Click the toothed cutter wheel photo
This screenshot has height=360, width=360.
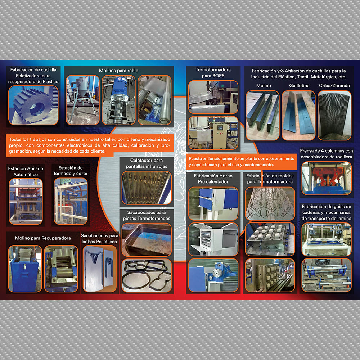click(33, 105)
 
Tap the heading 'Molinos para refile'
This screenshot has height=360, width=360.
click(118, 71)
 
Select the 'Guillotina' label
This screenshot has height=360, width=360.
click(299, 86)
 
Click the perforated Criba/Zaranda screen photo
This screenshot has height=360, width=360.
click(334, 115)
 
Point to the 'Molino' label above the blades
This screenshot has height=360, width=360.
click(264, 86)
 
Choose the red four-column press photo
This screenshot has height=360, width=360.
click(326, 178)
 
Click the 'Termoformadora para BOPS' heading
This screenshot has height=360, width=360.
click(213, 73)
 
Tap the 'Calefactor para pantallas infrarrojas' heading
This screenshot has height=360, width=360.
click(147, 163)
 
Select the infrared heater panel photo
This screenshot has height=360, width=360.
click(147, 188)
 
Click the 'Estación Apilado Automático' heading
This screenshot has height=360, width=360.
click(26, 171)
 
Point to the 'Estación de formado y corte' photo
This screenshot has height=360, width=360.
click(71, 201)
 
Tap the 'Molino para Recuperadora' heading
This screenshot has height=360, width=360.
click(43, 238)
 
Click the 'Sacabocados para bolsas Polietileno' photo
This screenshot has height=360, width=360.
click(100, 269)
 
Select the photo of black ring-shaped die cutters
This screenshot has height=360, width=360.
click(147, 275)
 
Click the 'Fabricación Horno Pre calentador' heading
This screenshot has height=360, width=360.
click(213, 179)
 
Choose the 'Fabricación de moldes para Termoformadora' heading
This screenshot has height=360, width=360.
click(270, 179)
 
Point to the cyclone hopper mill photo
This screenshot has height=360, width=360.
click(83, 100)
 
